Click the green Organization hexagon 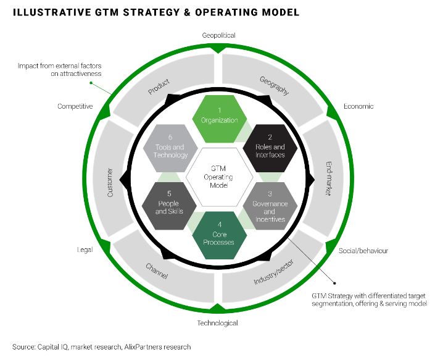tap(219, 115)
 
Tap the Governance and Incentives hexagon tap(269, 207)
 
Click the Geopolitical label tap(219, 35)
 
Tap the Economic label tap(358, 106)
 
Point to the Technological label tap(217, 323)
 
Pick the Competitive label tap(75, 106)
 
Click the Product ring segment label tap(159, 88)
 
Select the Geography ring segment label tap(274, 85)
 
